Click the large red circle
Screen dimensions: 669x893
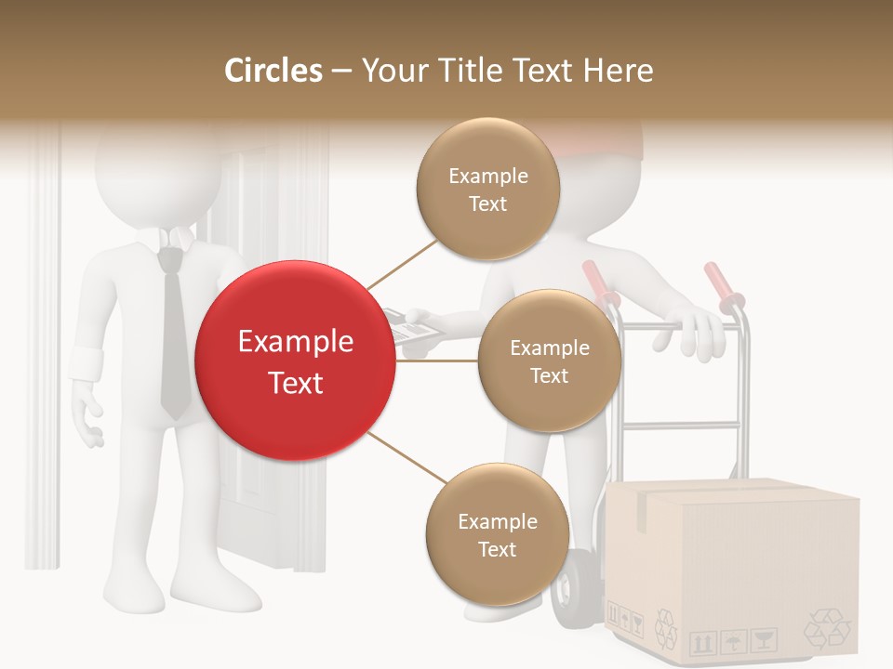point(295,361)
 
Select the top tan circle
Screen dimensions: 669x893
point(487,189)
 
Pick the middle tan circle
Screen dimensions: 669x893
point(549,361)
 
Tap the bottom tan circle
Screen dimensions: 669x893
point(497,534)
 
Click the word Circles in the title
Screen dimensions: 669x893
point(273,71)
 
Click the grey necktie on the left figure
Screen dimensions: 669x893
point(174,334)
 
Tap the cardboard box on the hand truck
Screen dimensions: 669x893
point(735,567)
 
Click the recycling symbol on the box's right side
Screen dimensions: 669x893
point(826,628)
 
